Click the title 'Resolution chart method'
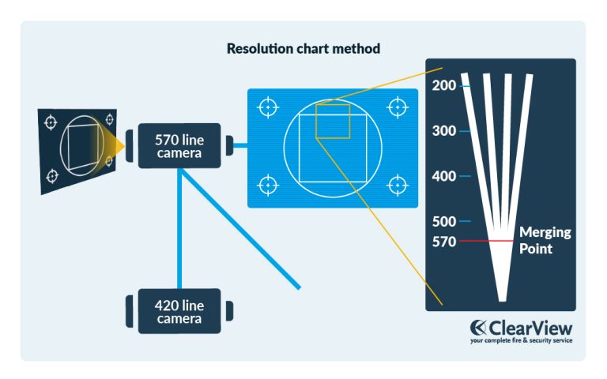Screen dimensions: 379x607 tap(303, 49)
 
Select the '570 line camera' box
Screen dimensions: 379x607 tap(180, 145)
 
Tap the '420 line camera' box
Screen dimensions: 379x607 tap(179, 312)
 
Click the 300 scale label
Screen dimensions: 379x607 tap(444, 131)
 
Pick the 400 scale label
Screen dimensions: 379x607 tap(444, 176)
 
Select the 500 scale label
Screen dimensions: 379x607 tap(444, 222)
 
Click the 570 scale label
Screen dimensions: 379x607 tap(444, 242)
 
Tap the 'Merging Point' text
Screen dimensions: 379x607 tap(544, 241)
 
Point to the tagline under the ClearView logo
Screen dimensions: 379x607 tap(522, 341)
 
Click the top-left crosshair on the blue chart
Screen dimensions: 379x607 tap(269, 106)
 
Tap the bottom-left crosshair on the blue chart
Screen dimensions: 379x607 tap(269, 186)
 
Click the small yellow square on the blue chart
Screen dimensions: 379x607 tap(333, 120)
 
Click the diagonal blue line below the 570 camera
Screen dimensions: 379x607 tap(242, 230)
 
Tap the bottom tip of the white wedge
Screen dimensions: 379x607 tap(502, 299)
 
